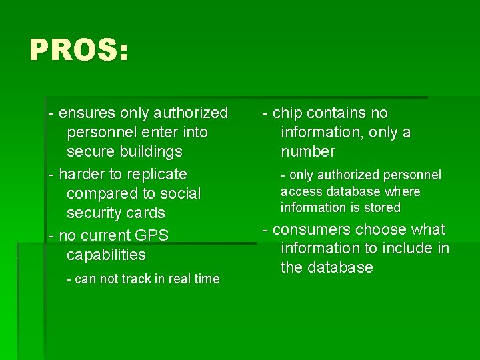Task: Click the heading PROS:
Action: click(78, 50)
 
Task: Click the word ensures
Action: click(87, 113)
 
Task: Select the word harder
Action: click(81, 175)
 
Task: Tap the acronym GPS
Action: click(152, 236)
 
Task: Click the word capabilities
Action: click(106, 255)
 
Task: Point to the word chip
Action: click(287, 113)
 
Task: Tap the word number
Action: click(307, 152)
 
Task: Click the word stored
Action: click(381, 208)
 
